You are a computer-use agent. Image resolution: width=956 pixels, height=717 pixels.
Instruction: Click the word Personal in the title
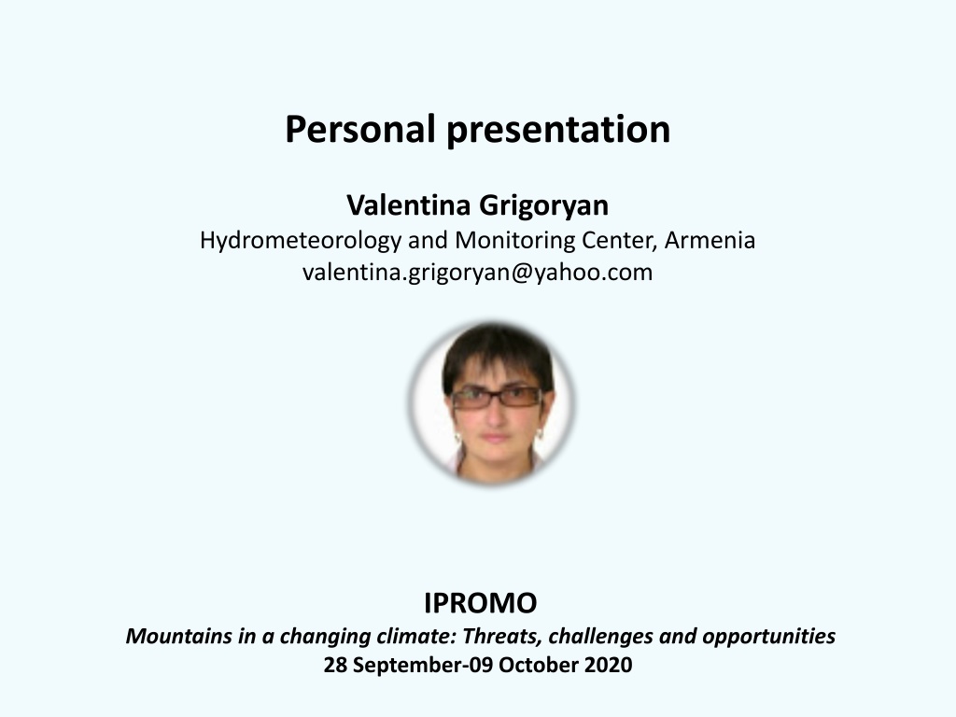point(359,129)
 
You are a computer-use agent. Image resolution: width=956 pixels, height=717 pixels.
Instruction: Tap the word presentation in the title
point(558,131)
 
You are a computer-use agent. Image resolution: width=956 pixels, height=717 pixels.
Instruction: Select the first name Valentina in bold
point(409,204)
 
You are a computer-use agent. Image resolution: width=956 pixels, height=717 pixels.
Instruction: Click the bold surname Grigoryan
point(544,206)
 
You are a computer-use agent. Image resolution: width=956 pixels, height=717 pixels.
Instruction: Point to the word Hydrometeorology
point(301,241)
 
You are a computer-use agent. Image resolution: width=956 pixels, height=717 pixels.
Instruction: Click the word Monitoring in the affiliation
point(515,241)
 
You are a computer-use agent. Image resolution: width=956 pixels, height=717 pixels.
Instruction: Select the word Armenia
point(710,240)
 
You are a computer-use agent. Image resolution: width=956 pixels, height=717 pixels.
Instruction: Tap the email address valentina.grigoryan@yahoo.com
point(477,272)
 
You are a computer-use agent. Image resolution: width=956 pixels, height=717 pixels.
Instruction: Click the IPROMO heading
point(481,603)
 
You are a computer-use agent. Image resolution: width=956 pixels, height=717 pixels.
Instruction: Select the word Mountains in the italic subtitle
point(179,636)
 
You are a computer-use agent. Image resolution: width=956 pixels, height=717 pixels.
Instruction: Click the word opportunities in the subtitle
point(769,637)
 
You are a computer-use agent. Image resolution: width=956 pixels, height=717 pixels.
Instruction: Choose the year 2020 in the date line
point(608,665)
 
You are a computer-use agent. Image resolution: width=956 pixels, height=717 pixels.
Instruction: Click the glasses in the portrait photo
point(497,398)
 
